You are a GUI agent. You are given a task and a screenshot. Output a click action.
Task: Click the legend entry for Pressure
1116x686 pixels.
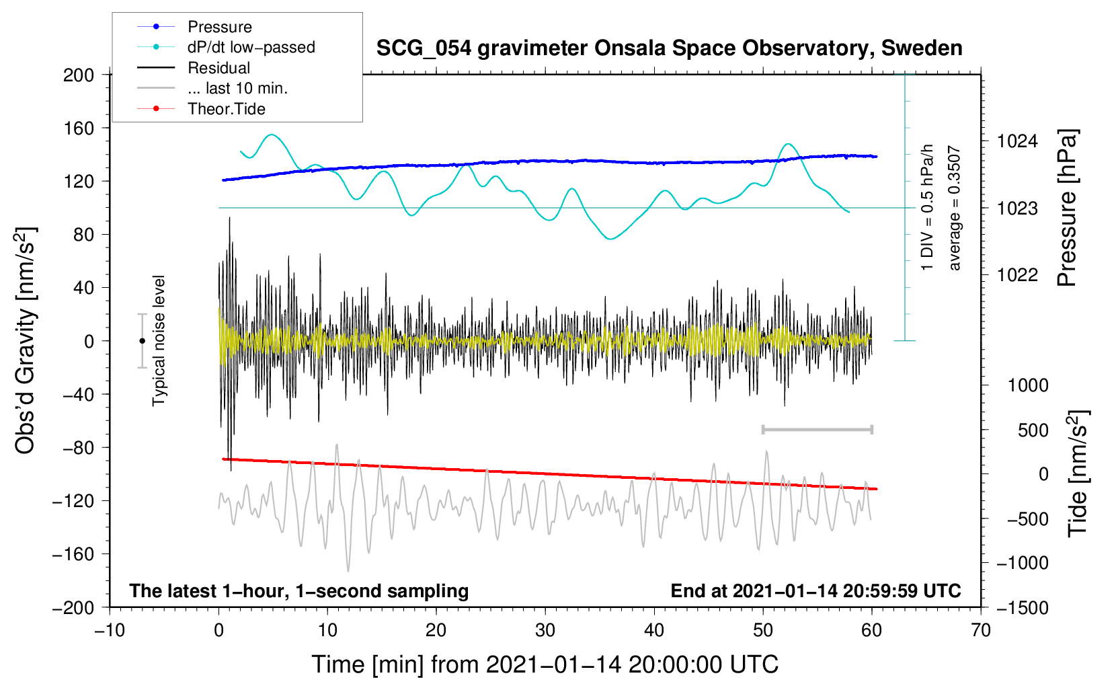tap(219, 27)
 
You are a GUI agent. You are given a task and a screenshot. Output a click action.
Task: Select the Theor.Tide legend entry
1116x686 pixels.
tap(226, 109)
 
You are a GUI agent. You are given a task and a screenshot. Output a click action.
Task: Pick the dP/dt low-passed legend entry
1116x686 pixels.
tap(251, 48)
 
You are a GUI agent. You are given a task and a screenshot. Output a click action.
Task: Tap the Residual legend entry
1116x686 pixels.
tap(218, 68)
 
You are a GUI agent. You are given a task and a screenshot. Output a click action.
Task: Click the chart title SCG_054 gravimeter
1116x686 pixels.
tap(669, 48)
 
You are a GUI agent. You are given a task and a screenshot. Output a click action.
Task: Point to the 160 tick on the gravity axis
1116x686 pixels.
tap(79, 128)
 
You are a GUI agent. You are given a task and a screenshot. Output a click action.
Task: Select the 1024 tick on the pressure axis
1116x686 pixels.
tap(1017, 141)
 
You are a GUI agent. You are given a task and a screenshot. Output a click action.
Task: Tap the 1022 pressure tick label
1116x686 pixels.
tap(1017, 274)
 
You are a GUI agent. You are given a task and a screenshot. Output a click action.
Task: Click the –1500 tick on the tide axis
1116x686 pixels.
tap(1022, 607)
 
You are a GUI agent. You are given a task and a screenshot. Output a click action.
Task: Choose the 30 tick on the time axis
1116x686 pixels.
tap(545, 630)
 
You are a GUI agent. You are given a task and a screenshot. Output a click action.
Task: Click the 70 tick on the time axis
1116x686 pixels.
tap(981, 630)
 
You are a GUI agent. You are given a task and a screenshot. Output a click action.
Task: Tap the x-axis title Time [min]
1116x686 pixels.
tap(545, 664)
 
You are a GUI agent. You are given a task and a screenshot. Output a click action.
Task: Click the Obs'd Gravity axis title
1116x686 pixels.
tap(26, 340)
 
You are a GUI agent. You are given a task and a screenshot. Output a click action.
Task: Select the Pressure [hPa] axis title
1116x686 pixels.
tap(1067, 208)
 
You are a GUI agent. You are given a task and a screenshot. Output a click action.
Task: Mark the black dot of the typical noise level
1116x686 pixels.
tap(142, 341)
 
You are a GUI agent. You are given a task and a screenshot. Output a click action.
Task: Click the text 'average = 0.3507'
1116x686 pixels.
tap(955, 208)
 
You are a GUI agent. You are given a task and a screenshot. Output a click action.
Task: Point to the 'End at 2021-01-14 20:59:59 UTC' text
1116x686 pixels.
tap(815, 590)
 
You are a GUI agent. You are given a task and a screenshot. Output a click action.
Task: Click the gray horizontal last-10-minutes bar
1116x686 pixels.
tap(817, 429)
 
